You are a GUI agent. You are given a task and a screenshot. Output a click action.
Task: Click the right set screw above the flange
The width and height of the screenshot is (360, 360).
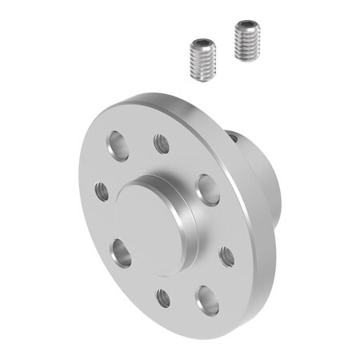247,40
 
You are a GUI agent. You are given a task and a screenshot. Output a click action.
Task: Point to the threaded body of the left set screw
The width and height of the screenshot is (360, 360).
204,64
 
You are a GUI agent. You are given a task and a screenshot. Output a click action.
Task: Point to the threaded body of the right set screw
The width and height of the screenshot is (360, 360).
247,46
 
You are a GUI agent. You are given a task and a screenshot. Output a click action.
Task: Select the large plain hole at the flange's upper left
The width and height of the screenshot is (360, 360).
118,146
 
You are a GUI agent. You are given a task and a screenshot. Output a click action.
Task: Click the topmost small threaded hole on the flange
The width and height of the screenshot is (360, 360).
161,144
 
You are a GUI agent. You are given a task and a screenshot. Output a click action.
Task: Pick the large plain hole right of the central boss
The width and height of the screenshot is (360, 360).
208,190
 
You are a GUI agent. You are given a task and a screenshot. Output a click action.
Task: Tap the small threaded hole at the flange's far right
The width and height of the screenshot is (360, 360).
226,256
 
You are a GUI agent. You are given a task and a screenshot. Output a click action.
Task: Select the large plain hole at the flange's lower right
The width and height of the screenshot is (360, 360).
206,299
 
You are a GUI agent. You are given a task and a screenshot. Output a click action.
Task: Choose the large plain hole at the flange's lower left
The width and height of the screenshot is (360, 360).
122,253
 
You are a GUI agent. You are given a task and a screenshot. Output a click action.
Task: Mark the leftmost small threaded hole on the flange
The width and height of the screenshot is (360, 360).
101,191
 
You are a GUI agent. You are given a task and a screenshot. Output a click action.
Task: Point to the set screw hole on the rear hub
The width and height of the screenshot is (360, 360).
233,137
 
